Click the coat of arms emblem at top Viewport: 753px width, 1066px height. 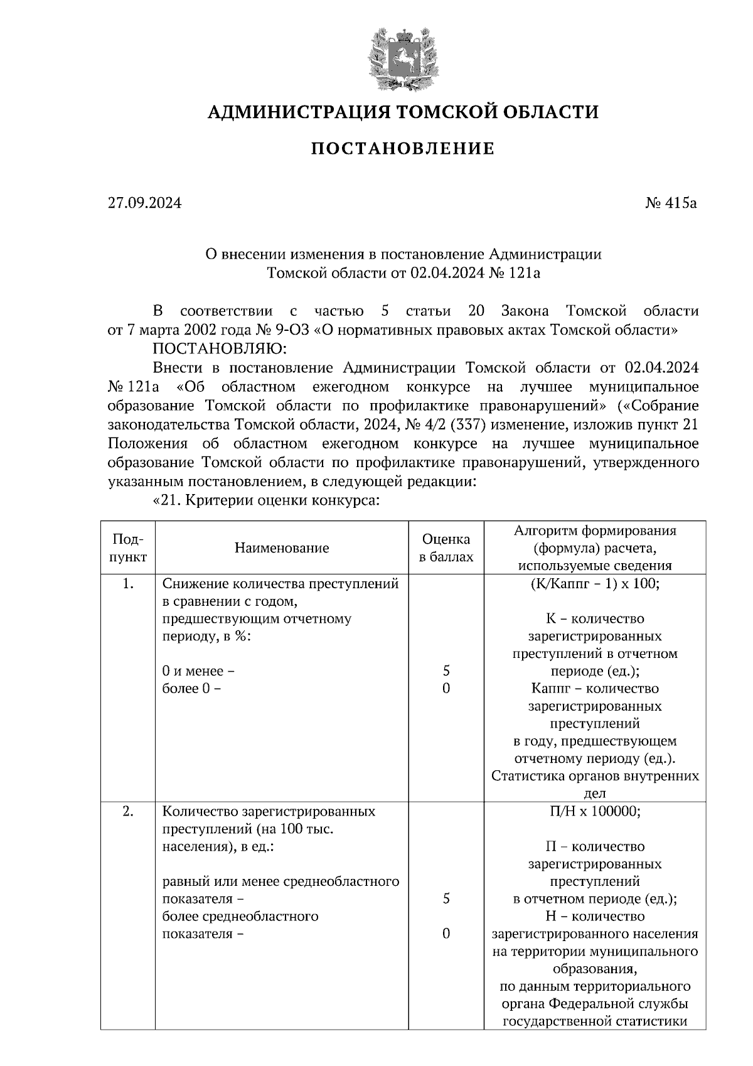[402, 59]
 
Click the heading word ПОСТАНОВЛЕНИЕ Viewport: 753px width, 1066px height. [402, 149]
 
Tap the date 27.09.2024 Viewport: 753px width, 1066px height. [144, 203]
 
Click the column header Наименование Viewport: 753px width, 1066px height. [282, 548]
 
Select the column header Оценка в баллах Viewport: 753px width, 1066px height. [446, 547]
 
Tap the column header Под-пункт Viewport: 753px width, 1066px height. [128, 547]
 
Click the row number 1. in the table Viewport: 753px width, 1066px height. [128, 584]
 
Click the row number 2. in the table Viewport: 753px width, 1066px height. [128, 811]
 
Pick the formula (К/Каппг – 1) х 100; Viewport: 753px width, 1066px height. [595, 584]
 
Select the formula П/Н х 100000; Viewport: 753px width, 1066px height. [595, 811]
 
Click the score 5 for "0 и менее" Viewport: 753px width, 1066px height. [446, 671]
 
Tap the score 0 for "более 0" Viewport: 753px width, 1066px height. [446, 689]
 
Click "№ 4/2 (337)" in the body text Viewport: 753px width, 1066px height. [446, 424]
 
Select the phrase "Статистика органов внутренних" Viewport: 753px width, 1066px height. [595, 776]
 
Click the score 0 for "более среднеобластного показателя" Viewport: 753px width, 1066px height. [446, 934]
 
